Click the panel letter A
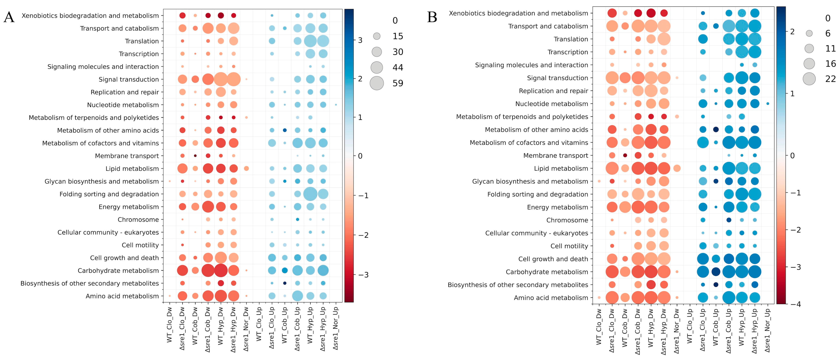(9, 17)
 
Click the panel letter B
(432, 17)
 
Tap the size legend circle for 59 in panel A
(377, 83)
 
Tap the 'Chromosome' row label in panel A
(138, 219)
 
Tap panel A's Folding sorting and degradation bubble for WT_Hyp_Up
(310, 194)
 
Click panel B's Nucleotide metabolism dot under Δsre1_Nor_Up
(768, 104)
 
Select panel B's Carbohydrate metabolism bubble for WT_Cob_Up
(716, 272)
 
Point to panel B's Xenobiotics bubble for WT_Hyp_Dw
(651, 13)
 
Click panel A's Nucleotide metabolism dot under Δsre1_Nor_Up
(336, 105)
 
